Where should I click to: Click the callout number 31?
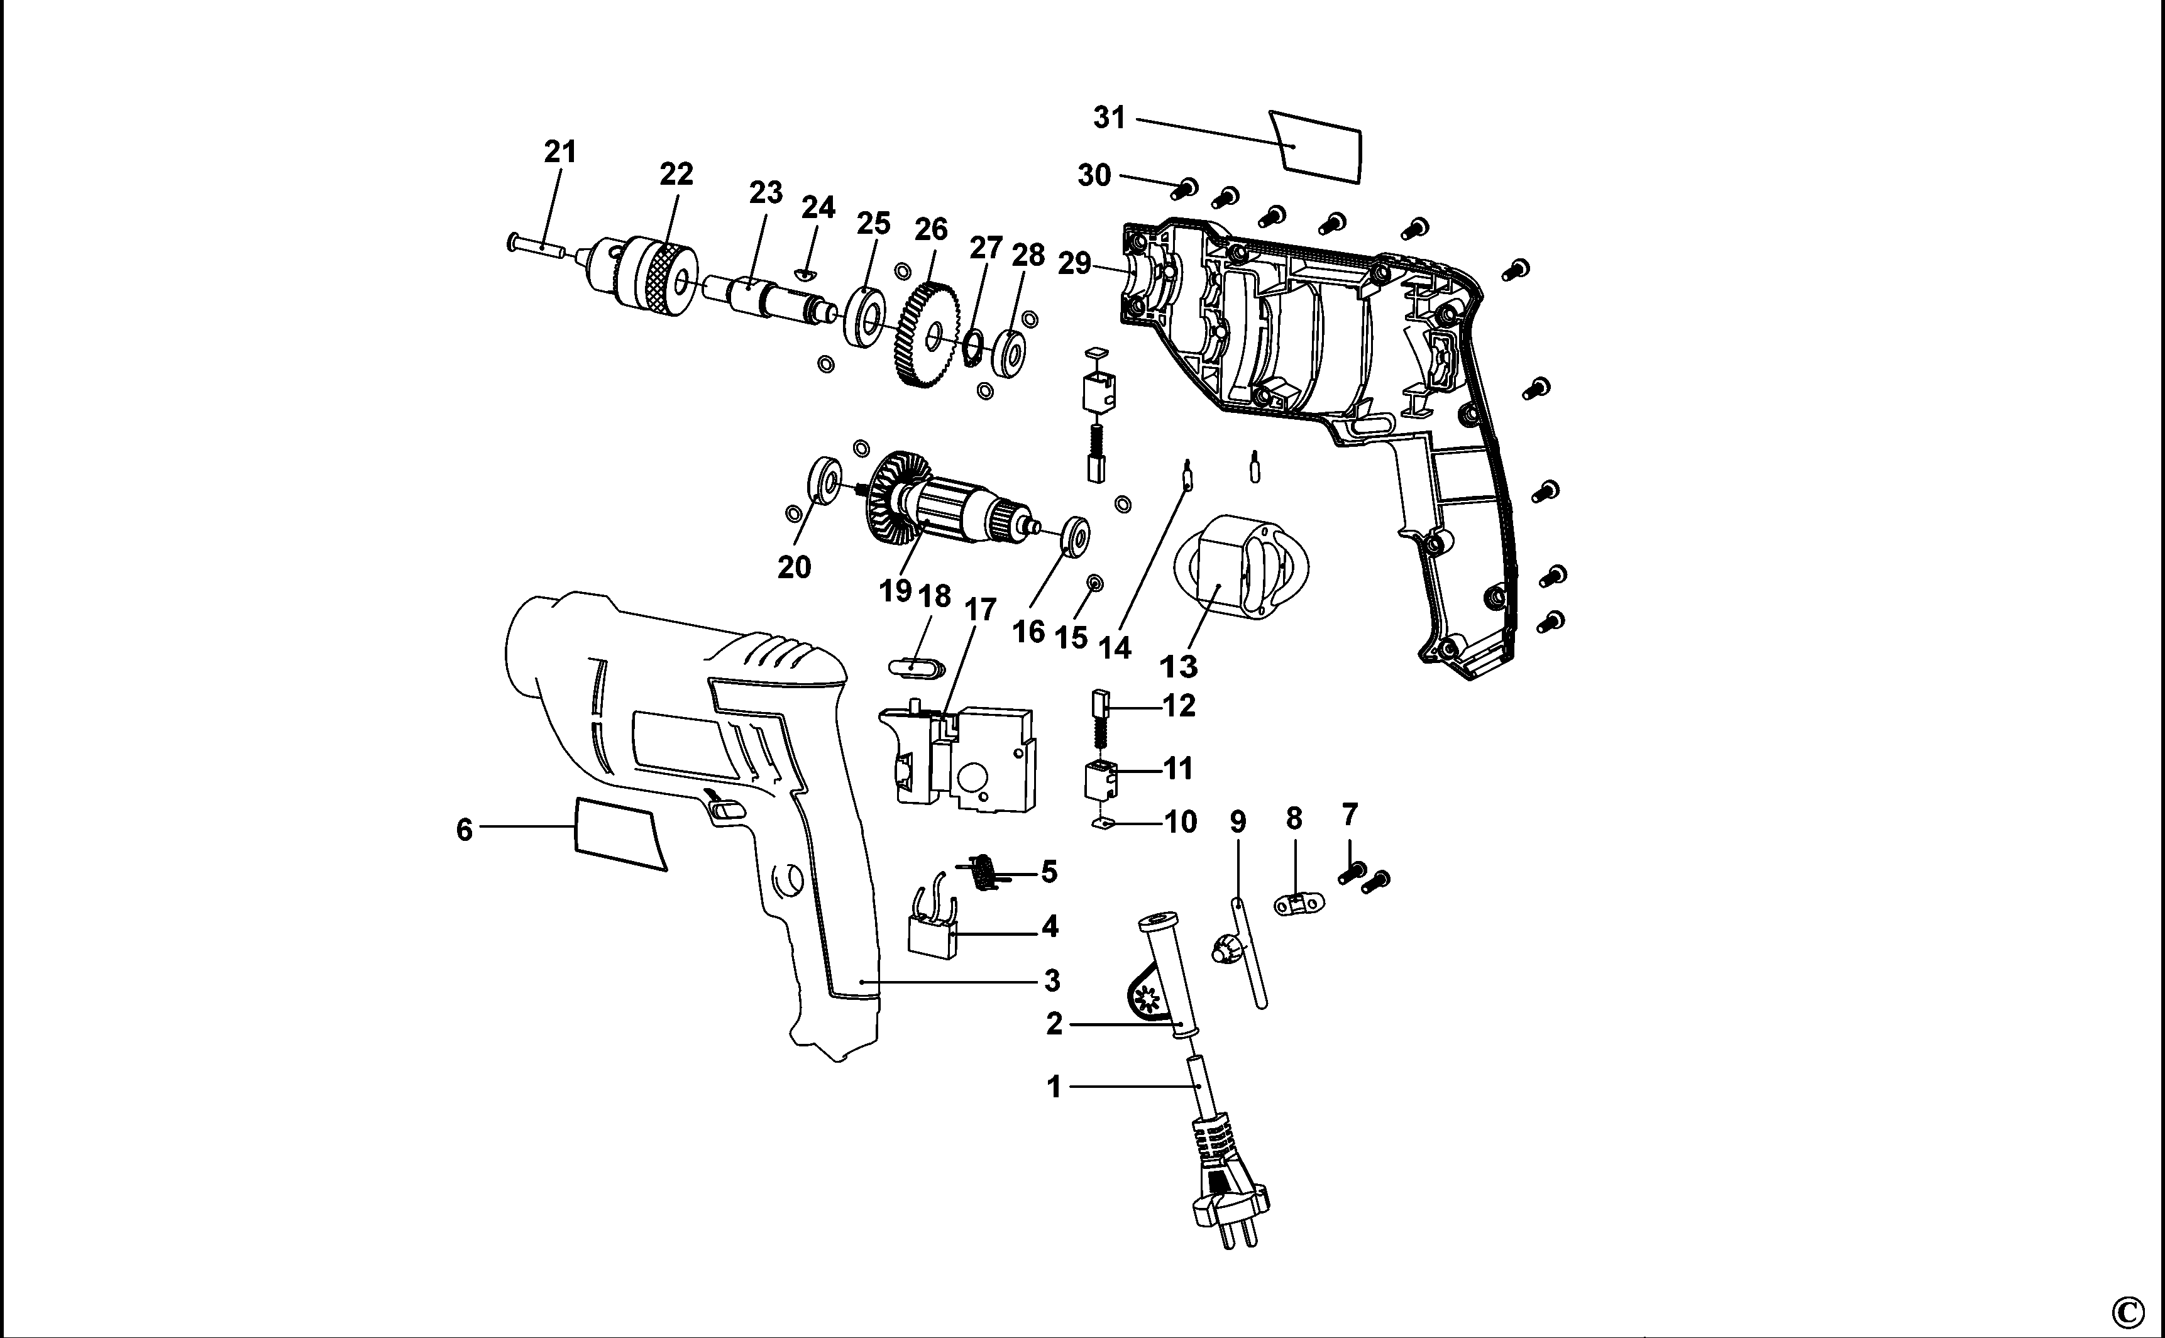[x=1109, y=117]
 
